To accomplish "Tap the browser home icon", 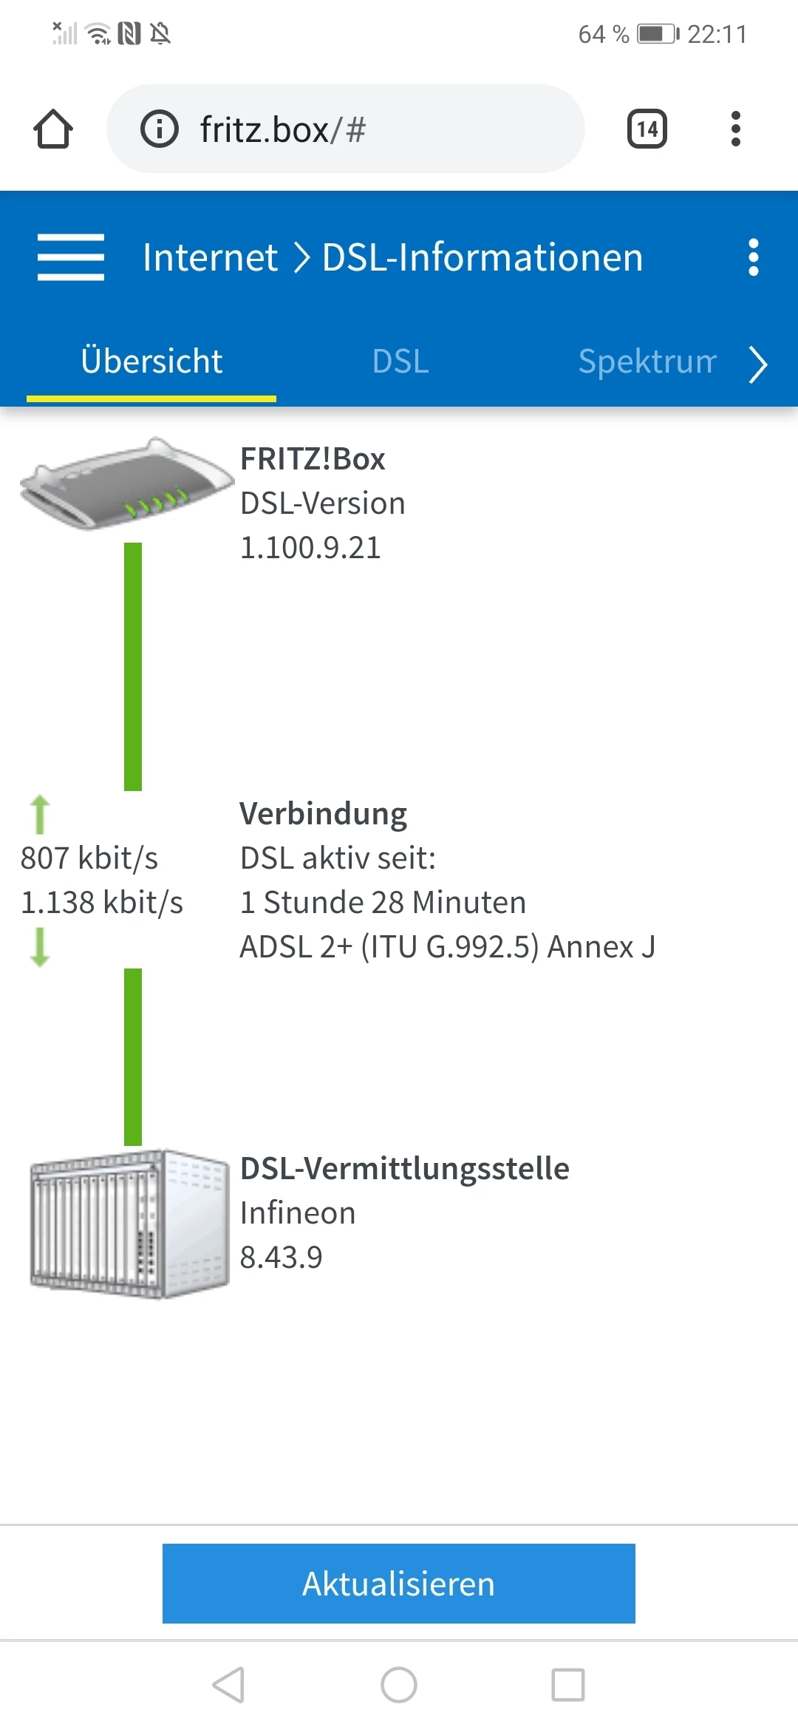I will [x=53, y=129].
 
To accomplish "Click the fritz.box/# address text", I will [x=282, y=130].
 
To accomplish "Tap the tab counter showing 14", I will [x=647, y=129].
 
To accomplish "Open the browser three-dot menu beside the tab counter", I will [x=735, y=129].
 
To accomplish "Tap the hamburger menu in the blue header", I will [x=71, y=257].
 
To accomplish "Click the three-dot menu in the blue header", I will [x=753, y=257].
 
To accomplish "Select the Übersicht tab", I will [x=151, y=362].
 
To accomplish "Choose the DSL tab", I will [x=400, y=362].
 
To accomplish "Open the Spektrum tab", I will [x=647, y=362].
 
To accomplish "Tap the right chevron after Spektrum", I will [x=758, y=364].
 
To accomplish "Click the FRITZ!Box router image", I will [x=126, y=484].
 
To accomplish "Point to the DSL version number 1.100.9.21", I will [x=310, y=548].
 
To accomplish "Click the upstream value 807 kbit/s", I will [x=89, y=858].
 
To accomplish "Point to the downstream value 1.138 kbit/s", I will [x=102, y=903].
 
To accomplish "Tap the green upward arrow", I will [x=40, y=814].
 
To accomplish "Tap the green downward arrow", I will [x=40, y=947].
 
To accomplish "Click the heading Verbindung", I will [x=323, y=814].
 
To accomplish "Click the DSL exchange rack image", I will [x=129, y=1224].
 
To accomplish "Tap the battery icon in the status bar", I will [x=658, y=34].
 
